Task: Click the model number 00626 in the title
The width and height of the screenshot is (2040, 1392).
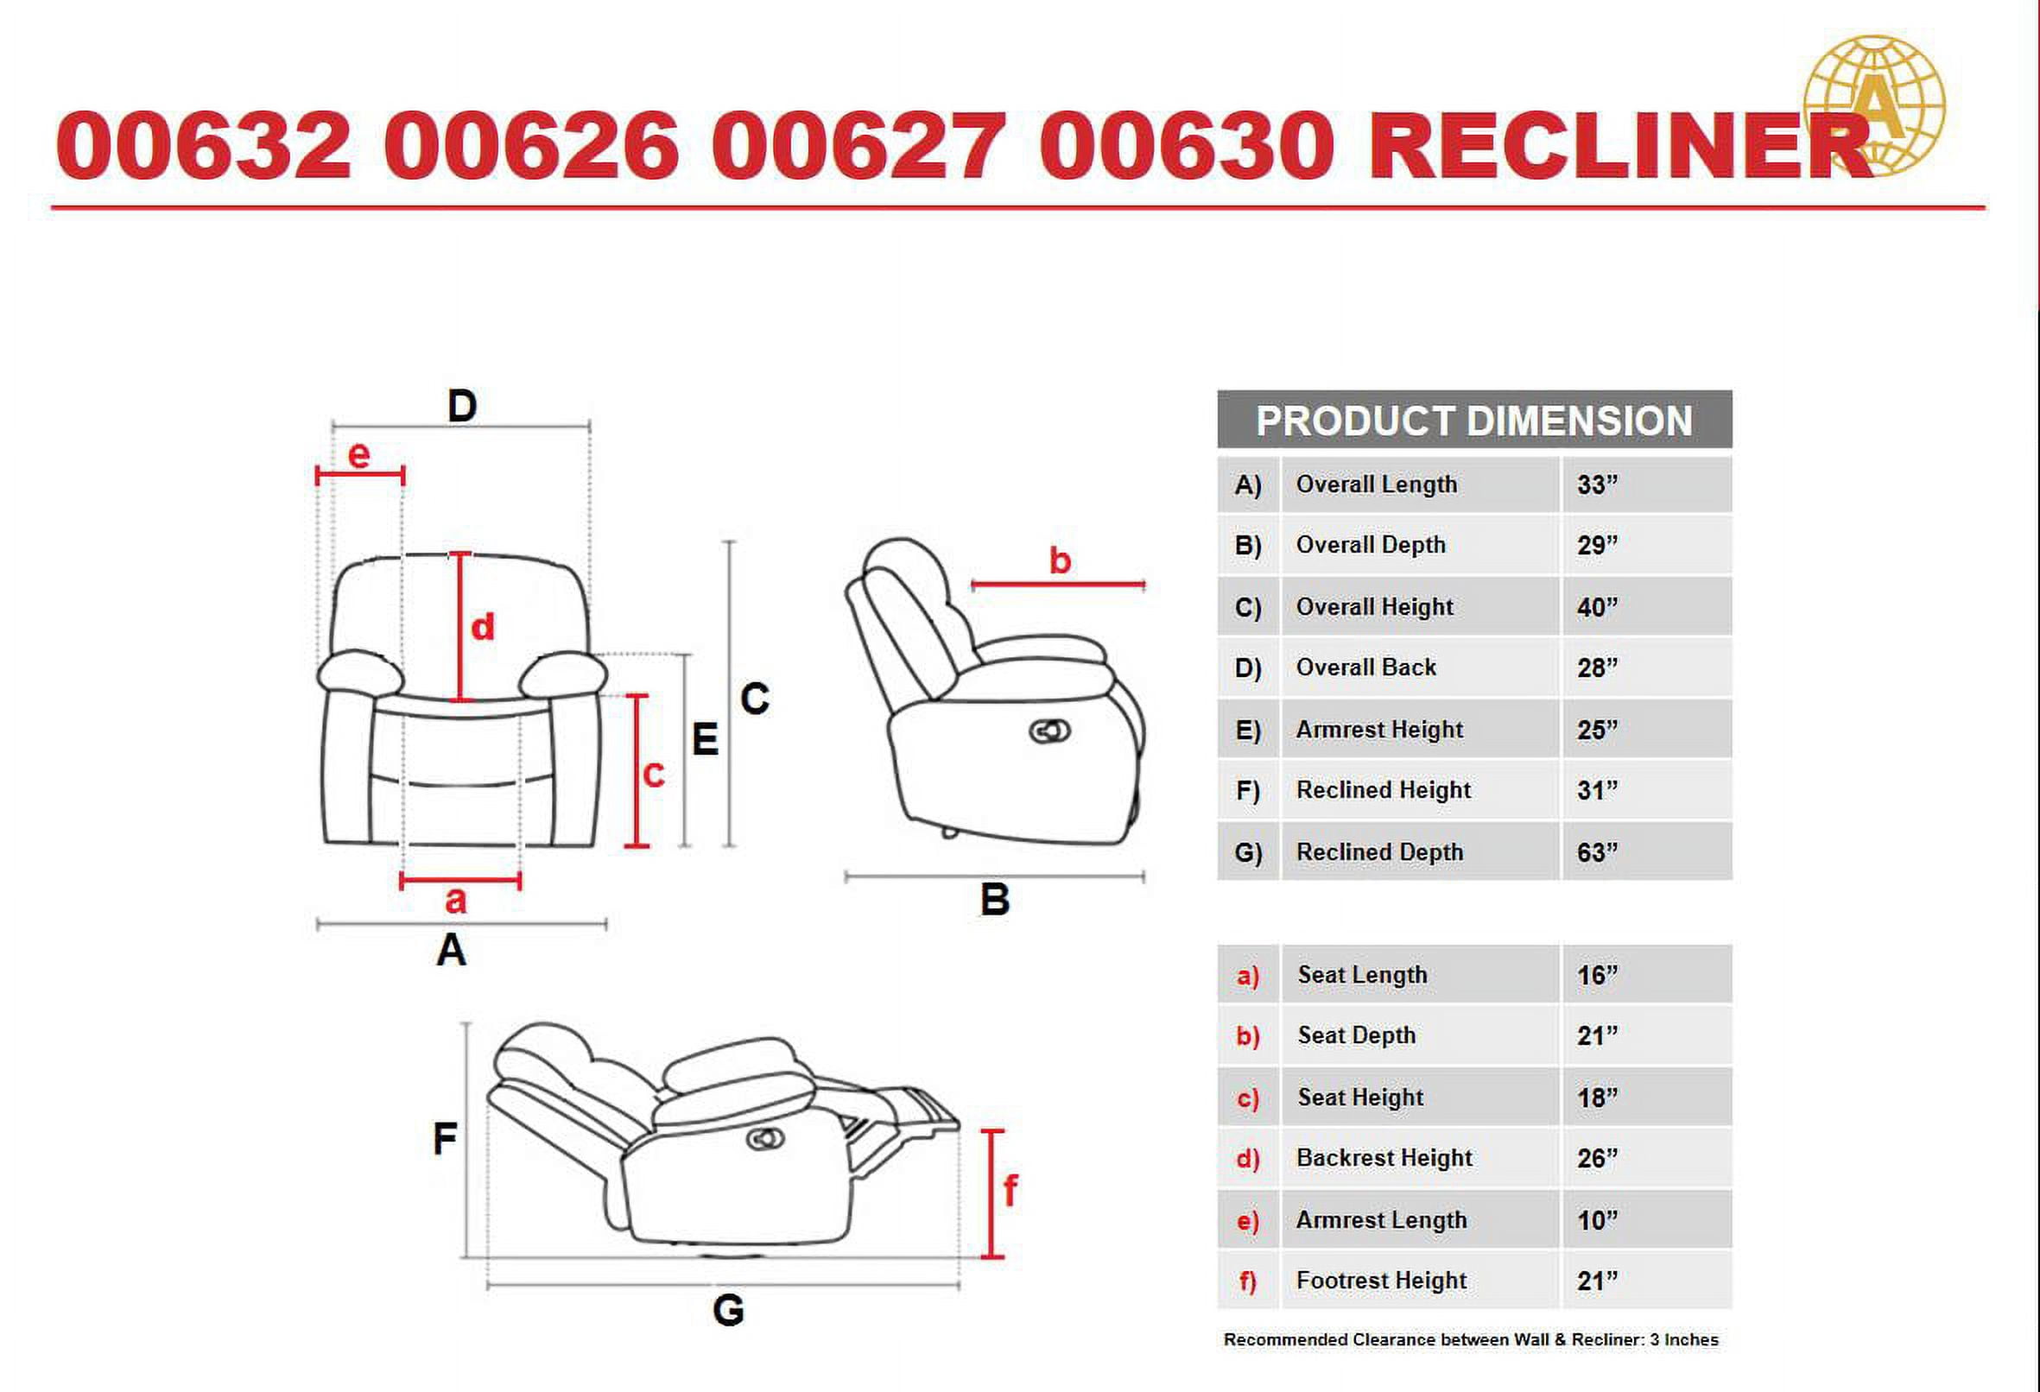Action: tap(530, 146)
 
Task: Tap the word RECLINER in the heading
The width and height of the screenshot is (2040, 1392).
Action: tap(1619, 146)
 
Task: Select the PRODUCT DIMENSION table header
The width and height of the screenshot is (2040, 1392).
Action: tap(1473, 421)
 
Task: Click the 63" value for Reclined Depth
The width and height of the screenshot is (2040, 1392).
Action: tap(1597, 852)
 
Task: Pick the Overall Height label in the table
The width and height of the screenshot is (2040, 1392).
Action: tap(1374, 606)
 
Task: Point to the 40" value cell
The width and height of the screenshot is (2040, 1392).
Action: tap(1597, 606)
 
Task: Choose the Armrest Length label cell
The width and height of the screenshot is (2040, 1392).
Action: tap(1381, 1220)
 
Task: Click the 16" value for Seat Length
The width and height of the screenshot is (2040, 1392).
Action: tap(1597, 975)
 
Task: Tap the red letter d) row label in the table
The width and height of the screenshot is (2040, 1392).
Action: tap(1247, 1159)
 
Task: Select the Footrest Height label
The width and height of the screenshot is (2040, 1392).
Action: tap(1381, 1281)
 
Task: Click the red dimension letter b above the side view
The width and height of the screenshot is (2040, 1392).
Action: tap(1060, 560)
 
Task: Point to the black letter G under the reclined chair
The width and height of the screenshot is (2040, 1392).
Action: tap(729, 1310)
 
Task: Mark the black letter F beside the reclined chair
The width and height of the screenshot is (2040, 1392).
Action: tap(445, 1139)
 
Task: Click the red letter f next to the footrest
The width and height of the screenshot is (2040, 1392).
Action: tap(1010, 1191)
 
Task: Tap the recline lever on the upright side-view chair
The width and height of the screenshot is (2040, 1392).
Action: tap(1049, 731)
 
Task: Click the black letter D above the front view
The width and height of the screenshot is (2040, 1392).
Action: tap(462, 407)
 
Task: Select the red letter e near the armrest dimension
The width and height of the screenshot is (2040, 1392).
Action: tap(358, 454)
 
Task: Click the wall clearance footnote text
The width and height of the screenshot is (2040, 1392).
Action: tap(1470, 1340)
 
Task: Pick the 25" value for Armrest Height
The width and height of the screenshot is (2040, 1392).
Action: tap(1597, 730)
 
